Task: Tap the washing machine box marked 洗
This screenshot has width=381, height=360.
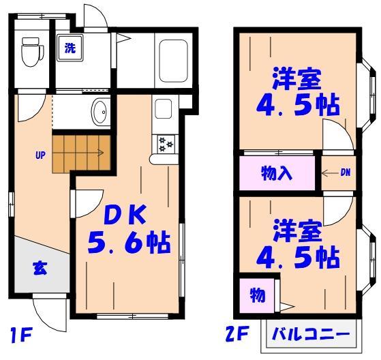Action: click(x=70, y=48)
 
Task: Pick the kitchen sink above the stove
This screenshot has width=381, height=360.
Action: click(x=163, y=108)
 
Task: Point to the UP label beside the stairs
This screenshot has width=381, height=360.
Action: click(x=40, y=155)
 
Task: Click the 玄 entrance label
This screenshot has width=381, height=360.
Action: click(x=40, y=268)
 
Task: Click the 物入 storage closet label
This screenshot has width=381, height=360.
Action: click(x=277, y=173)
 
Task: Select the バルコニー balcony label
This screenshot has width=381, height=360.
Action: click(x=311, y=335)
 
